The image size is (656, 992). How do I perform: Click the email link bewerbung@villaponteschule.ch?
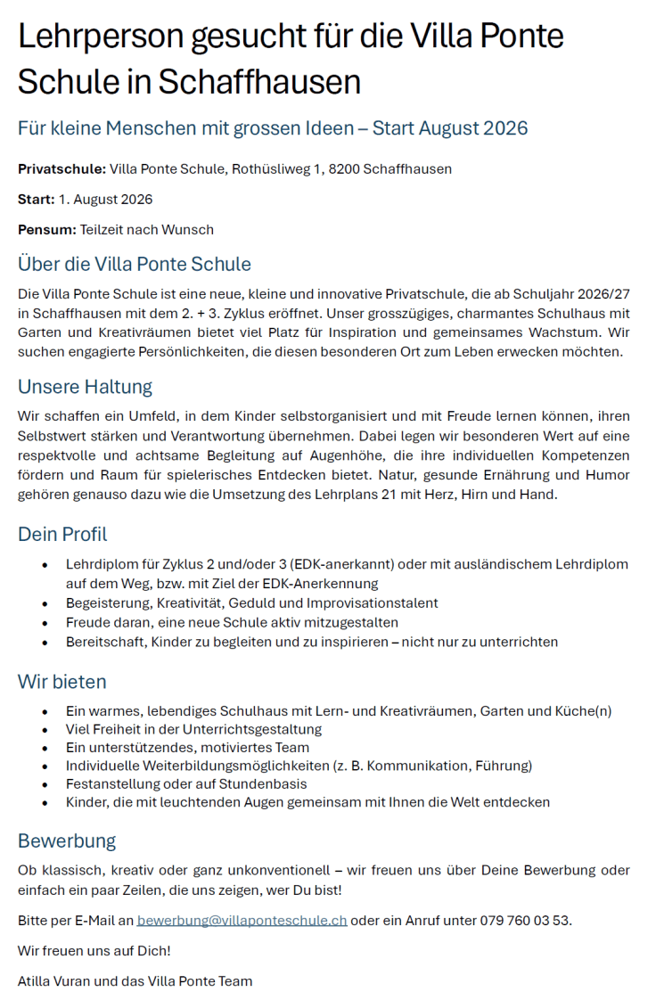click(242, 920)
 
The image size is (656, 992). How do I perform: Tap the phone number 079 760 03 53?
click(526, 920)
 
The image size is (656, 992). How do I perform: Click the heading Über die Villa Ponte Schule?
click(135, 264)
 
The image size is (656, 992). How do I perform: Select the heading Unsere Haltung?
click(85, 387)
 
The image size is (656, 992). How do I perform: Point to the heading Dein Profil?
click(62, 535)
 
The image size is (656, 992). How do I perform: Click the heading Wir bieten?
click(62, 682)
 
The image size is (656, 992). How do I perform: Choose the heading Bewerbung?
click(67, 840)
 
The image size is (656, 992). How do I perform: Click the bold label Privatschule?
click(61, 168)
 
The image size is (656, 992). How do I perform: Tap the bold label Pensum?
click(47, 229)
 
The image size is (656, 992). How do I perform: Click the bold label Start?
click(37, 199)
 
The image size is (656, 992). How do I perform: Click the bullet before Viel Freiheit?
click(45, 729)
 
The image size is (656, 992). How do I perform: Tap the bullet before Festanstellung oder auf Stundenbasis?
click(45, 783)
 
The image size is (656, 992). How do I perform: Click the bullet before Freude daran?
click(45, 622)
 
